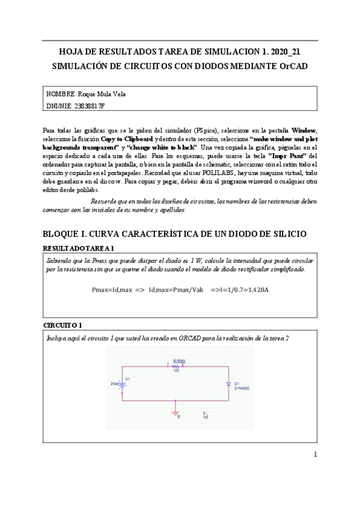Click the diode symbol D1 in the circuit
pos(229,383)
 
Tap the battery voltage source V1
pos(122,383)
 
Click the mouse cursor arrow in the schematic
pos(206,415)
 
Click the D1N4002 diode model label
pos(242,388)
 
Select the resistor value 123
pos(177,370)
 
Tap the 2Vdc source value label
pos(114,383)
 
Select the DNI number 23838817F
pos(89,106)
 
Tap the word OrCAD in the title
pos(294,66)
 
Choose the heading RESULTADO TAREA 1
pos(79,248)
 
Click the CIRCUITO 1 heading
pos(63,325)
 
